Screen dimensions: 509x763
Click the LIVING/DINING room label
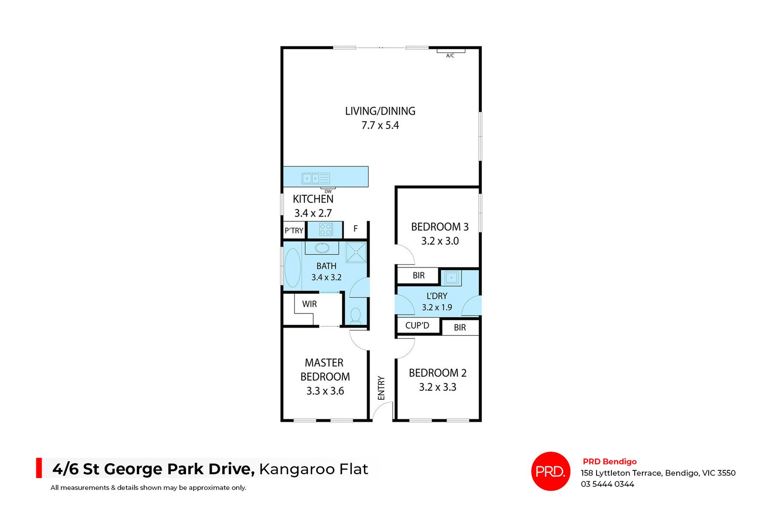pos(380,111)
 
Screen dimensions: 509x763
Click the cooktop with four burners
pos(326,229)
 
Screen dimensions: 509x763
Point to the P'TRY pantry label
pos(294,230)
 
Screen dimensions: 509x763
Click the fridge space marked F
pos(355,229)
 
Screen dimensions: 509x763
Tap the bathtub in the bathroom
pos(292,268)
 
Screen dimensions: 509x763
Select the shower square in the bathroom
pos(356,252)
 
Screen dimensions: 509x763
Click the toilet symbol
pos(356,315)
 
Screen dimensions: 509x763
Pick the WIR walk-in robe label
pos(309,304)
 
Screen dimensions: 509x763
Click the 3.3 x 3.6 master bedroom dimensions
pos(325,391)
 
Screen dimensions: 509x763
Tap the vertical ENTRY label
pos(381,388)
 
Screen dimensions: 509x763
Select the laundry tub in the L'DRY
pos(451,277)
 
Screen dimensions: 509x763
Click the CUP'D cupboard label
pos(417,325)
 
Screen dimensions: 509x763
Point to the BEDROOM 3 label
pos(440,227)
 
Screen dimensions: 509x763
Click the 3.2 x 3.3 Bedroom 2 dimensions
pos(437,387)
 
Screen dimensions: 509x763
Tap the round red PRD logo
pos(551,471)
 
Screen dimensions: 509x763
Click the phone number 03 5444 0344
pos(607,484)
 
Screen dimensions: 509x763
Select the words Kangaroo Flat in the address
pos(313,469)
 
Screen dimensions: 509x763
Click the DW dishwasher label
pos(328,191)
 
